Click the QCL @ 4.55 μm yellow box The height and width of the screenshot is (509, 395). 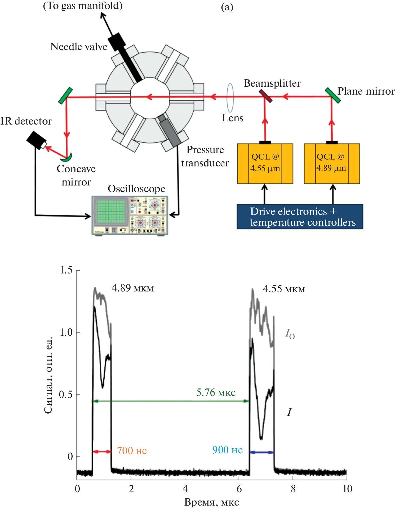(265, 163)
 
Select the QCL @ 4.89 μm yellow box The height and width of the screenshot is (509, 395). (332, 163)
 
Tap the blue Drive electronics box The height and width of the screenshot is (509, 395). (300, 216)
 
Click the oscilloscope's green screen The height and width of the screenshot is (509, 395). (111, 212)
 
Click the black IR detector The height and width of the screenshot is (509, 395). (36, 140)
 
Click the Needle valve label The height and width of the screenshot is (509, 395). (79, 47)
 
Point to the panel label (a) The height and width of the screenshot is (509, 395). (227, 7)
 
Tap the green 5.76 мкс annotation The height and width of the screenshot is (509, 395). (216, 392)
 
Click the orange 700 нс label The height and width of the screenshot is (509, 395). (132, 450)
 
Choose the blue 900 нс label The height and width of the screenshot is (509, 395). (227, 450)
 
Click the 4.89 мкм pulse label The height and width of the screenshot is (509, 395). (132, 288)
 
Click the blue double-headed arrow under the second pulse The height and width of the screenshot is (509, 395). (261, 452)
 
